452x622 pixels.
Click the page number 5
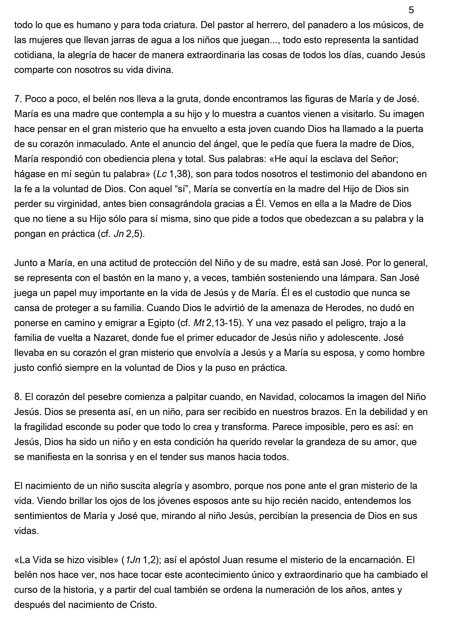[x=411, y=10]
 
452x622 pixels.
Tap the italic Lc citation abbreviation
[x=162, y=174]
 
